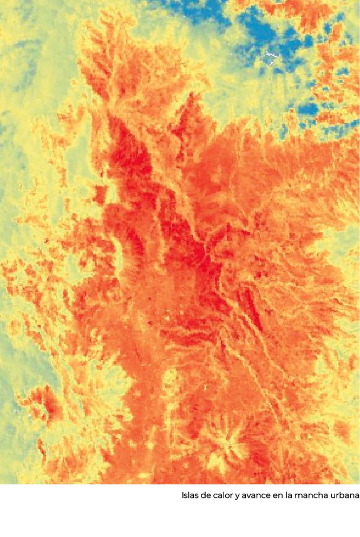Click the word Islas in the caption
[x=190, y=496]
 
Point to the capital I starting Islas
[x=184, y=496]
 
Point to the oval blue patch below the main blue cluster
[x=307, y=109]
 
